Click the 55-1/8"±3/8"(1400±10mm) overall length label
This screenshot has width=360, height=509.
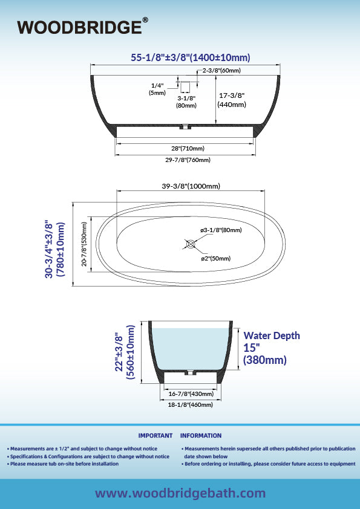pyautogui.click(x=191, y=57)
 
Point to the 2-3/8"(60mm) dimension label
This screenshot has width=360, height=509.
pyautogui.click(x=221, y=71)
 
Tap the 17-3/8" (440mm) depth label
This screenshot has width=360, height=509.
pyautogui.click(x=231, y=100)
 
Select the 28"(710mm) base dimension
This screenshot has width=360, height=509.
pyautogui.click(x=188, y=148)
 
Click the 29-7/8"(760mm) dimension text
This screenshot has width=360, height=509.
pyautogui.click(x=188, y=160)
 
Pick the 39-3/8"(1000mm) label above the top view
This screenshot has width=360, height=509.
pyautogui.click(x=191, y=186)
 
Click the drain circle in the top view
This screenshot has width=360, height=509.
pyautogui.click(x=191, y=244)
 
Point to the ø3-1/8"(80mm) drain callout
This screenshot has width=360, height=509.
pyautogui.click(x=221, y=230)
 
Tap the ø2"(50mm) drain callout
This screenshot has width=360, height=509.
pyautogui.click(x=216, y=258)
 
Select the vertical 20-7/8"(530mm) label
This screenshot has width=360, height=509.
pyautogui.click(x=84, y=244)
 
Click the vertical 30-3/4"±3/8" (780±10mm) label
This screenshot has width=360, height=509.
pyautogui.click(x=54, y=249)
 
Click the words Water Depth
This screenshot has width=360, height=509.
pyautogui.click(x=272, y=336)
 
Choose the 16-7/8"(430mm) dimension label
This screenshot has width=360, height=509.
pyautogui.click(x=191, y=394)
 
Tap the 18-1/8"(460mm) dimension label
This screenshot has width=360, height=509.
pyautogui.click(x=191, y=405)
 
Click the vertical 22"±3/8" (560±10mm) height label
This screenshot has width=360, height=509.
pyautogui.click(x=125, y=352)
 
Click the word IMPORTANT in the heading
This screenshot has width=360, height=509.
pyautogui.click(x=155, y=436)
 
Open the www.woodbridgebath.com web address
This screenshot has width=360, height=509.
pyautogui.click(x=180, y=493)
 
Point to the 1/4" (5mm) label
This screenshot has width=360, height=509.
pyautogui.click(x=157, y=89)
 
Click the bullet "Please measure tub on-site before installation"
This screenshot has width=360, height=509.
pyautogui.click(x=63, y=464)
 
